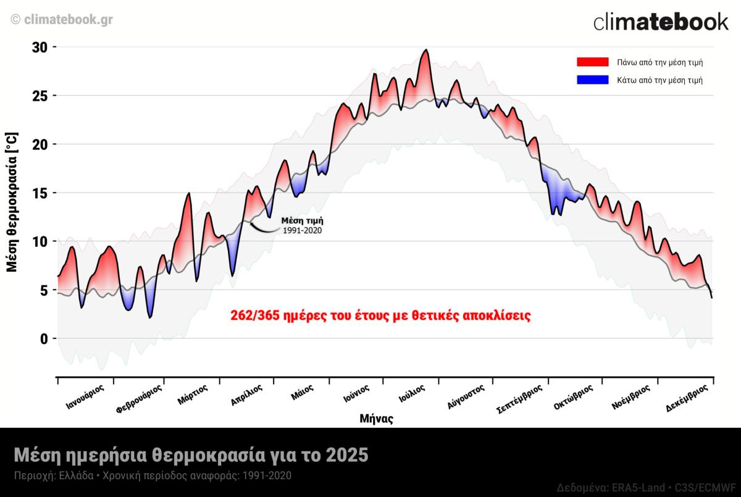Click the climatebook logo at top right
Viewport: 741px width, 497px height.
point(661,22)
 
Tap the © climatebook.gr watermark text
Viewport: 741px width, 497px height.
point(62,19)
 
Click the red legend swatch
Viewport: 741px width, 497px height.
point(592,62)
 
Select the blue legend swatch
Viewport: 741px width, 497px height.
point(592,80)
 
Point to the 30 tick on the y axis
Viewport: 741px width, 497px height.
point(40,48)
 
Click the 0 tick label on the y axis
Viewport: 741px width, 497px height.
point(44,338)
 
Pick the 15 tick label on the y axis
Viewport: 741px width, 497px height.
point(40,193)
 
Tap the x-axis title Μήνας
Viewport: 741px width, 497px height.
point(376,419)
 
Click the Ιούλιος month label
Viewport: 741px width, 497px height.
point(411,393)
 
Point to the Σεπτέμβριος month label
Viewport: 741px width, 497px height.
point(519,398)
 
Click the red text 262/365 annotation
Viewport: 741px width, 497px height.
point(380,315)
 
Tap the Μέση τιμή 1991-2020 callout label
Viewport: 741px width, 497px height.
point(302,225)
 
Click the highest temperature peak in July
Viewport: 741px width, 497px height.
point(425,50)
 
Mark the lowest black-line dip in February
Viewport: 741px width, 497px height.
point(149,317)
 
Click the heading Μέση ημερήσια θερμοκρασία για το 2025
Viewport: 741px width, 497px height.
point(191,456)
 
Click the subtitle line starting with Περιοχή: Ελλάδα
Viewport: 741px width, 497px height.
point(153,476)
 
